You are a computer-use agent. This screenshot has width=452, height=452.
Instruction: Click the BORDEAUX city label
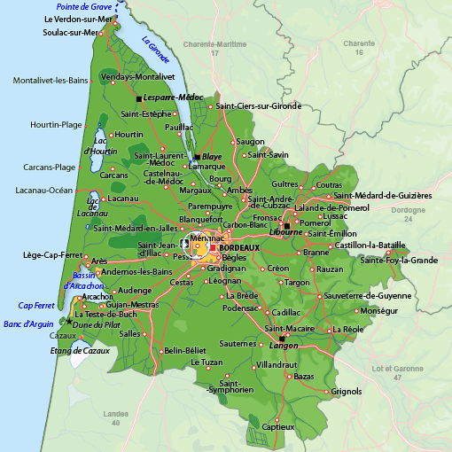(238, 248)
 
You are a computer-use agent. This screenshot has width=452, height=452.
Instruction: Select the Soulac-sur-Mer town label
(70, 33)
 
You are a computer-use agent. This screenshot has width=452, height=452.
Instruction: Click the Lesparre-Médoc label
(174, 97)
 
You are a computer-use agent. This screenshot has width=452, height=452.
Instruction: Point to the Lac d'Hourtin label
(100, 146)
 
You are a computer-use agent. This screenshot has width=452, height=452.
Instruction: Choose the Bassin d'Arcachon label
(85, 282)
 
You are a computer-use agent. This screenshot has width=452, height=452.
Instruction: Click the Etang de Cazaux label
(81, 352)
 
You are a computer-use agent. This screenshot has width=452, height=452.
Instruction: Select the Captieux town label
(277, 426)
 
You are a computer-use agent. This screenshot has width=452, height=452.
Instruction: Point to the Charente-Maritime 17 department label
(214, 48)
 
